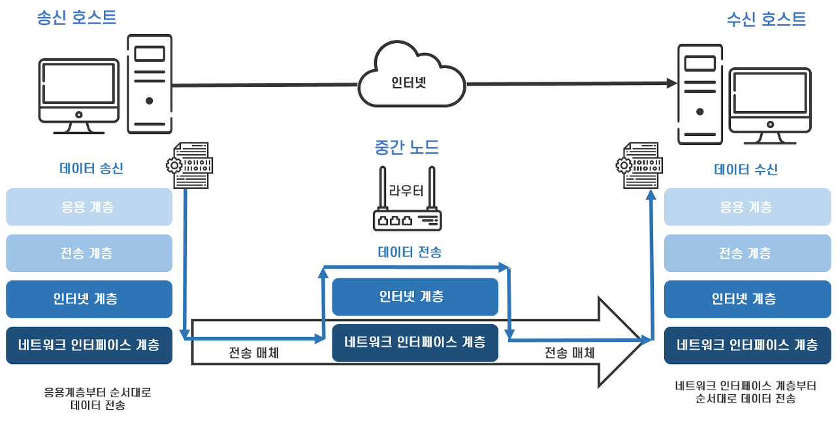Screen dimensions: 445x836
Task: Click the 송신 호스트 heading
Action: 77,18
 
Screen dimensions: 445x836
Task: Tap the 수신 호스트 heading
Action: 766,19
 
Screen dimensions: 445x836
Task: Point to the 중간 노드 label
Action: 406,148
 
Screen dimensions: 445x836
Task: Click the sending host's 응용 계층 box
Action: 89,207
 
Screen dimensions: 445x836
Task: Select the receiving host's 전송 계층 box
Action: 747,253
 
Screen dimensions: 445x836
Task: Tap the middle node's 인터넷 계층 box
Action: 415,297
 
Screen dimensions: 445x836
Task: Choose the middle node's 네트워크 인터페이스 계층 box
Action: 415,342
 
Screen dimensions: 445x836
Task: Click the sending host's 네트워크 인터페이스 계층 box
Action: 89,344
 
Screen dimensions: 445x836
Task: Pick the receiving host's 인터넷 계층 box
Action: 747,299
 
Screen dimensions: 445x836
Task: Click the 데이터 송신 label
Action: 91,169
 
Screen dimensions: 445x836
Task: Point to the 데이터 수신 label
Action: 746,170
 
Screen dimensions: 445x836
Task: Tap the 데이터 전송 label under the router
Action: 410,252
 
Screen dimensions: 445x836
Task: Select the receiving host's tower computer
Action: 699,93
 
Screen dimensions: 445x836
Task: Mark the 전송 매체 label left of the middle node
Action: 254,353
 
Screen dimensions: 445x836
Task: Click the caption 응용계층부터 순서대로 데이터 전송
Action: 97,399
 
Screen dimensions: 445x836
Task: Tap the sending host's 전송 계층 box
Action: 89,253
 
